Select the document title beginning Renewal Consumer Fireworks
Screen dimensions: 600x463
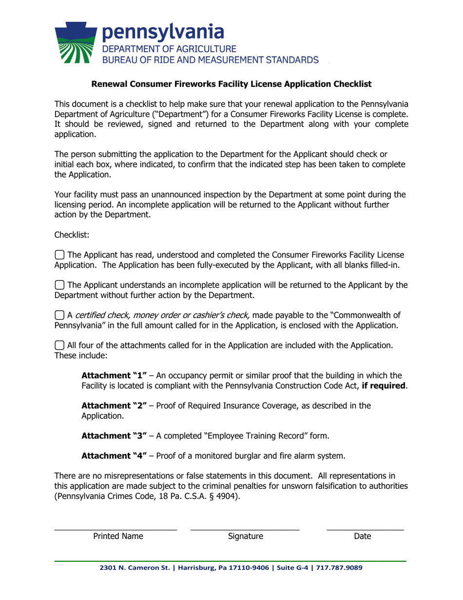pos(231,84)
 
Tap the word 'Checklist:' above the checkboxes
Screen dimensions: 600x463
pos(72,234)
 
